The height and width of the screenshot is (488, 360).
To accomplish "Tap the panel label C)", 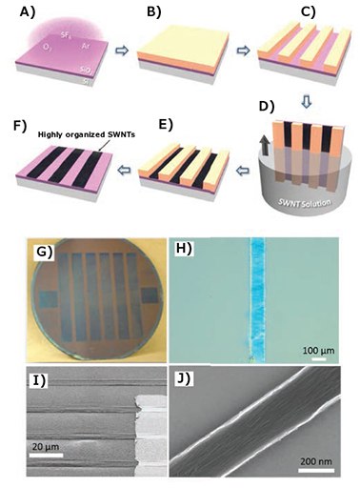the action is pyautogui.click(x=308, y=12).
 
